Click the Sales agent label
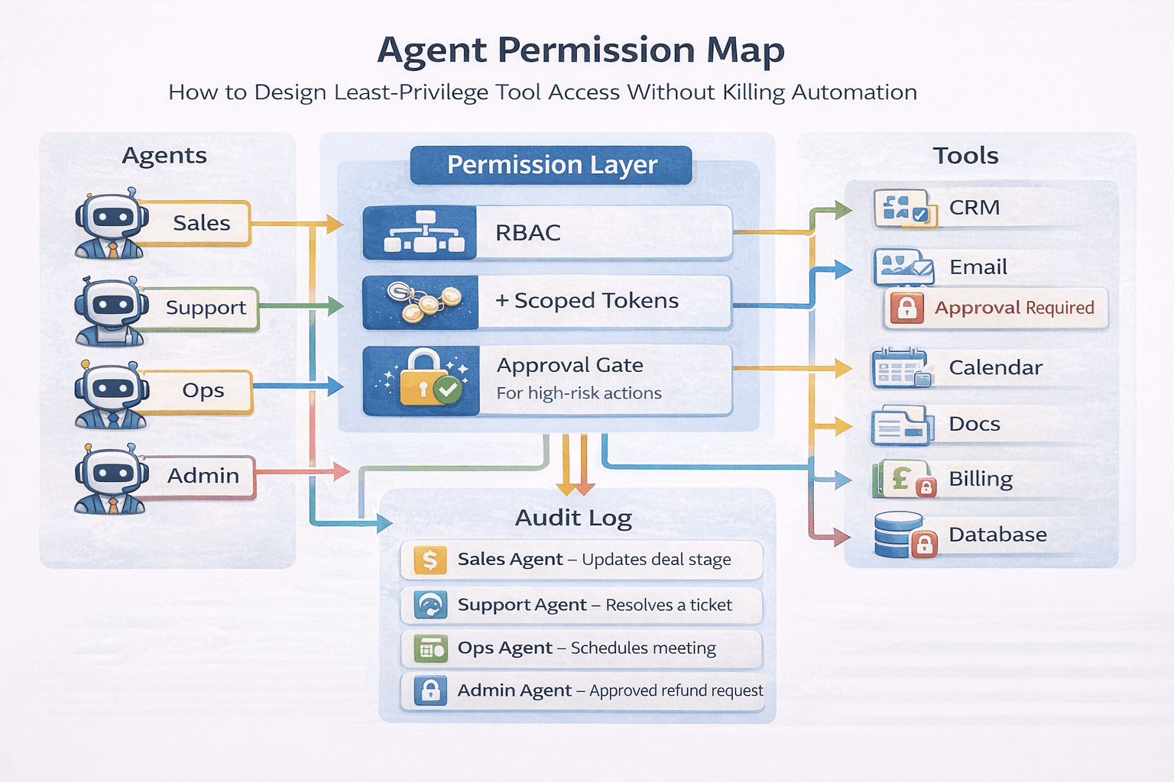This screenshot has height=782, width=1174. pyautogui.click(x=201, y=223)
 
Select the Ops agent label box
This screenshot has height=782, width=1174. pyautogui.click(x=203, y=391)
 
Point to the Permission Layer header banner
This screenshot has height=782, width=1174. pyautogui.click(x=551, y=165)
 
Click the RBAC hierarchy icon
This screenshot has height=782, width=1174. pyautogui.click(x=423, y=232)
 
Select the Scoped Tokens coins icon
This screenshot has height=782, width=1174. pyautogui.click(x=423, y=302)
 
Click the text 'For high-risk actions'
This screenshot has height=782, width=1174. pyautogui.click(x=579, y=393)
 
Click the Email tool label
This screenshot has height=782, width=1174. pyautogui.click(x=978, y=267)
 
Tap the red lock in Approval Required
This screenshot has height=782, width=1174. pyautogui.click(x=906, y=308)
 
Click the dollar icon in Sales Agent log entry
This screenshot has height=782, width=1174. pyautogui.click(x=430, y=560)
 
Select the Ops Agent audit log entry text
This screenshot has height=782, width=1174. pyautogui.click(x=586, y=648)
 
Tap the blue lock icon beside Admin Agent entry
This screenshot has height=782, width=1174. pyautogui.click(x=430, y=690)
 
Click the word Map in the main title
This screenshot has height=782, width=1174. pyautogui.click(x=745, y=50)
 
